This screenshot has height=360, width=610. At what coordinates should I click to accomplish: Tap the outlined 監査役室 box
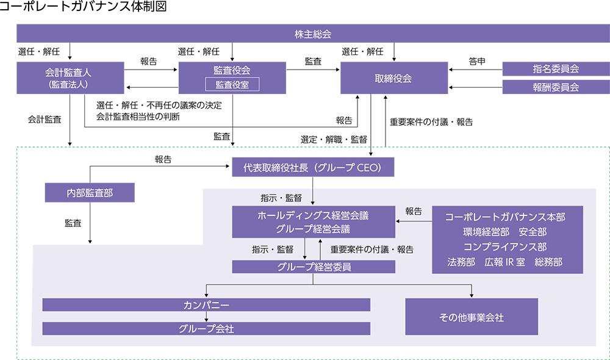point(232,84)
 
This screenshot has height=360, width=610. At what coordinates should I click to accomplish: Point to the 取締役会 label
point(393,78)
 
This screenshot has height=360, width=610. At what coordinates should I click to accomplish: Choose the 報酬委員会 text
point(556,87)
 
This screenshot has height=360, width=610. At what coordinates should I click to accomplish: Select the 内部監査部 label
point(90,193)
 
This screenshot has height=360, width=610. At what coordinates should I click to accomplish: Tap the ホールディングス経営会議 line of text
point(313,215)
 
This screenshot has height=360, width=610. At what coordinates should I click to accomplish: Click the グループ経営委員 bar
point(314,267)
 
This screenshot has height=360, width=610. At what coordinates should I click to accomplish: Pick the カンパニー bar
point(206,304)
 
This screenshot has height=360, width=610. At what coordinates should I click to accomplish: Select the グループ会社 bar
point(206,328)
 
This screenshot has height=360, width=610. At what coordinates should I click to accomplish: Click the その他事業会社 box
point(472,317)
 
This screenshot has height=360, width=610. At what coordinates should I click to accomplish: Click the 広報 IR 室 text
point(504,262)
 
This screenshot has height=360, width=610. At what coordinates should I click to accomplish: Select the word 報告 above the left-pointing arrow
point(413,211)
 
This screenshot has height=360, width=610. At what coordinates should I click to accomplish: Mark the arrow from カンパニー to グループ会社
point(206,317)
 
